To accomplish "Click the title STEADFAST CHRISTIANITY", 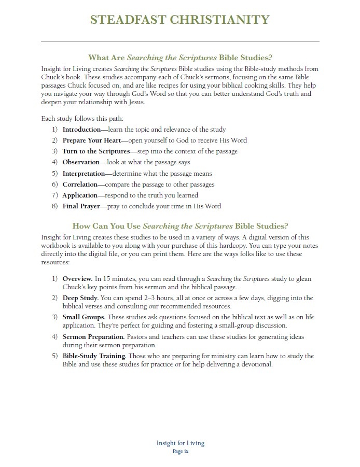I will tap(179, 20).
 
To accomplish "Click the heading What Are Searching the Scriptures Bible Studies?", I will tap(180, 58).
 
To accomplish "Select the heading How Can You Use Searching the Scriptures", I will tap(180, 226).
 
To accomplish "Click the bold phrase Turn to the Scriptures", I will tap(96, 151).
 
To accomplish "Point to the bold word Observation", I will tap(81, 162).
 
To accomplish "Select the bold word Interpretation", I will tap(84, 174).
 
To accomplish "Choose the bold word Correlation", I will tap(81, 185).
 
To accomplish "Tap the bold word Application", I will tap(80, 195).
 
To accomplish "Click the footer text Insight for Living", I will tap(180, 443).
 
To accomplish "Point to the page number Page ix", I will tap(180, 451).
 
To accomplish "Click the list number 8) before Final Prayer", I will tap(55, 206).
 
